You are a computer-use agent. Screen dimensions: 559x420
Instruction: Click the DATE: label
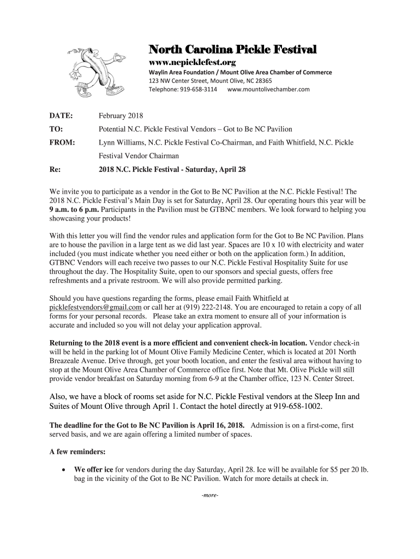(61, 116)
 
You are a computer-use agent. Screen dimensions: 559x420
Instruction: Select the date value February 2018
(120, 116)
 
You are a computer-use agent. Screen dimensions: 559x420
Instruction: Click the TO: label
(56, 129)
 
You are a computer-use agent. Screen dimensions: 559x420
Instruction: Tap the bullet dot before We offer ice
(64, 469)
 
